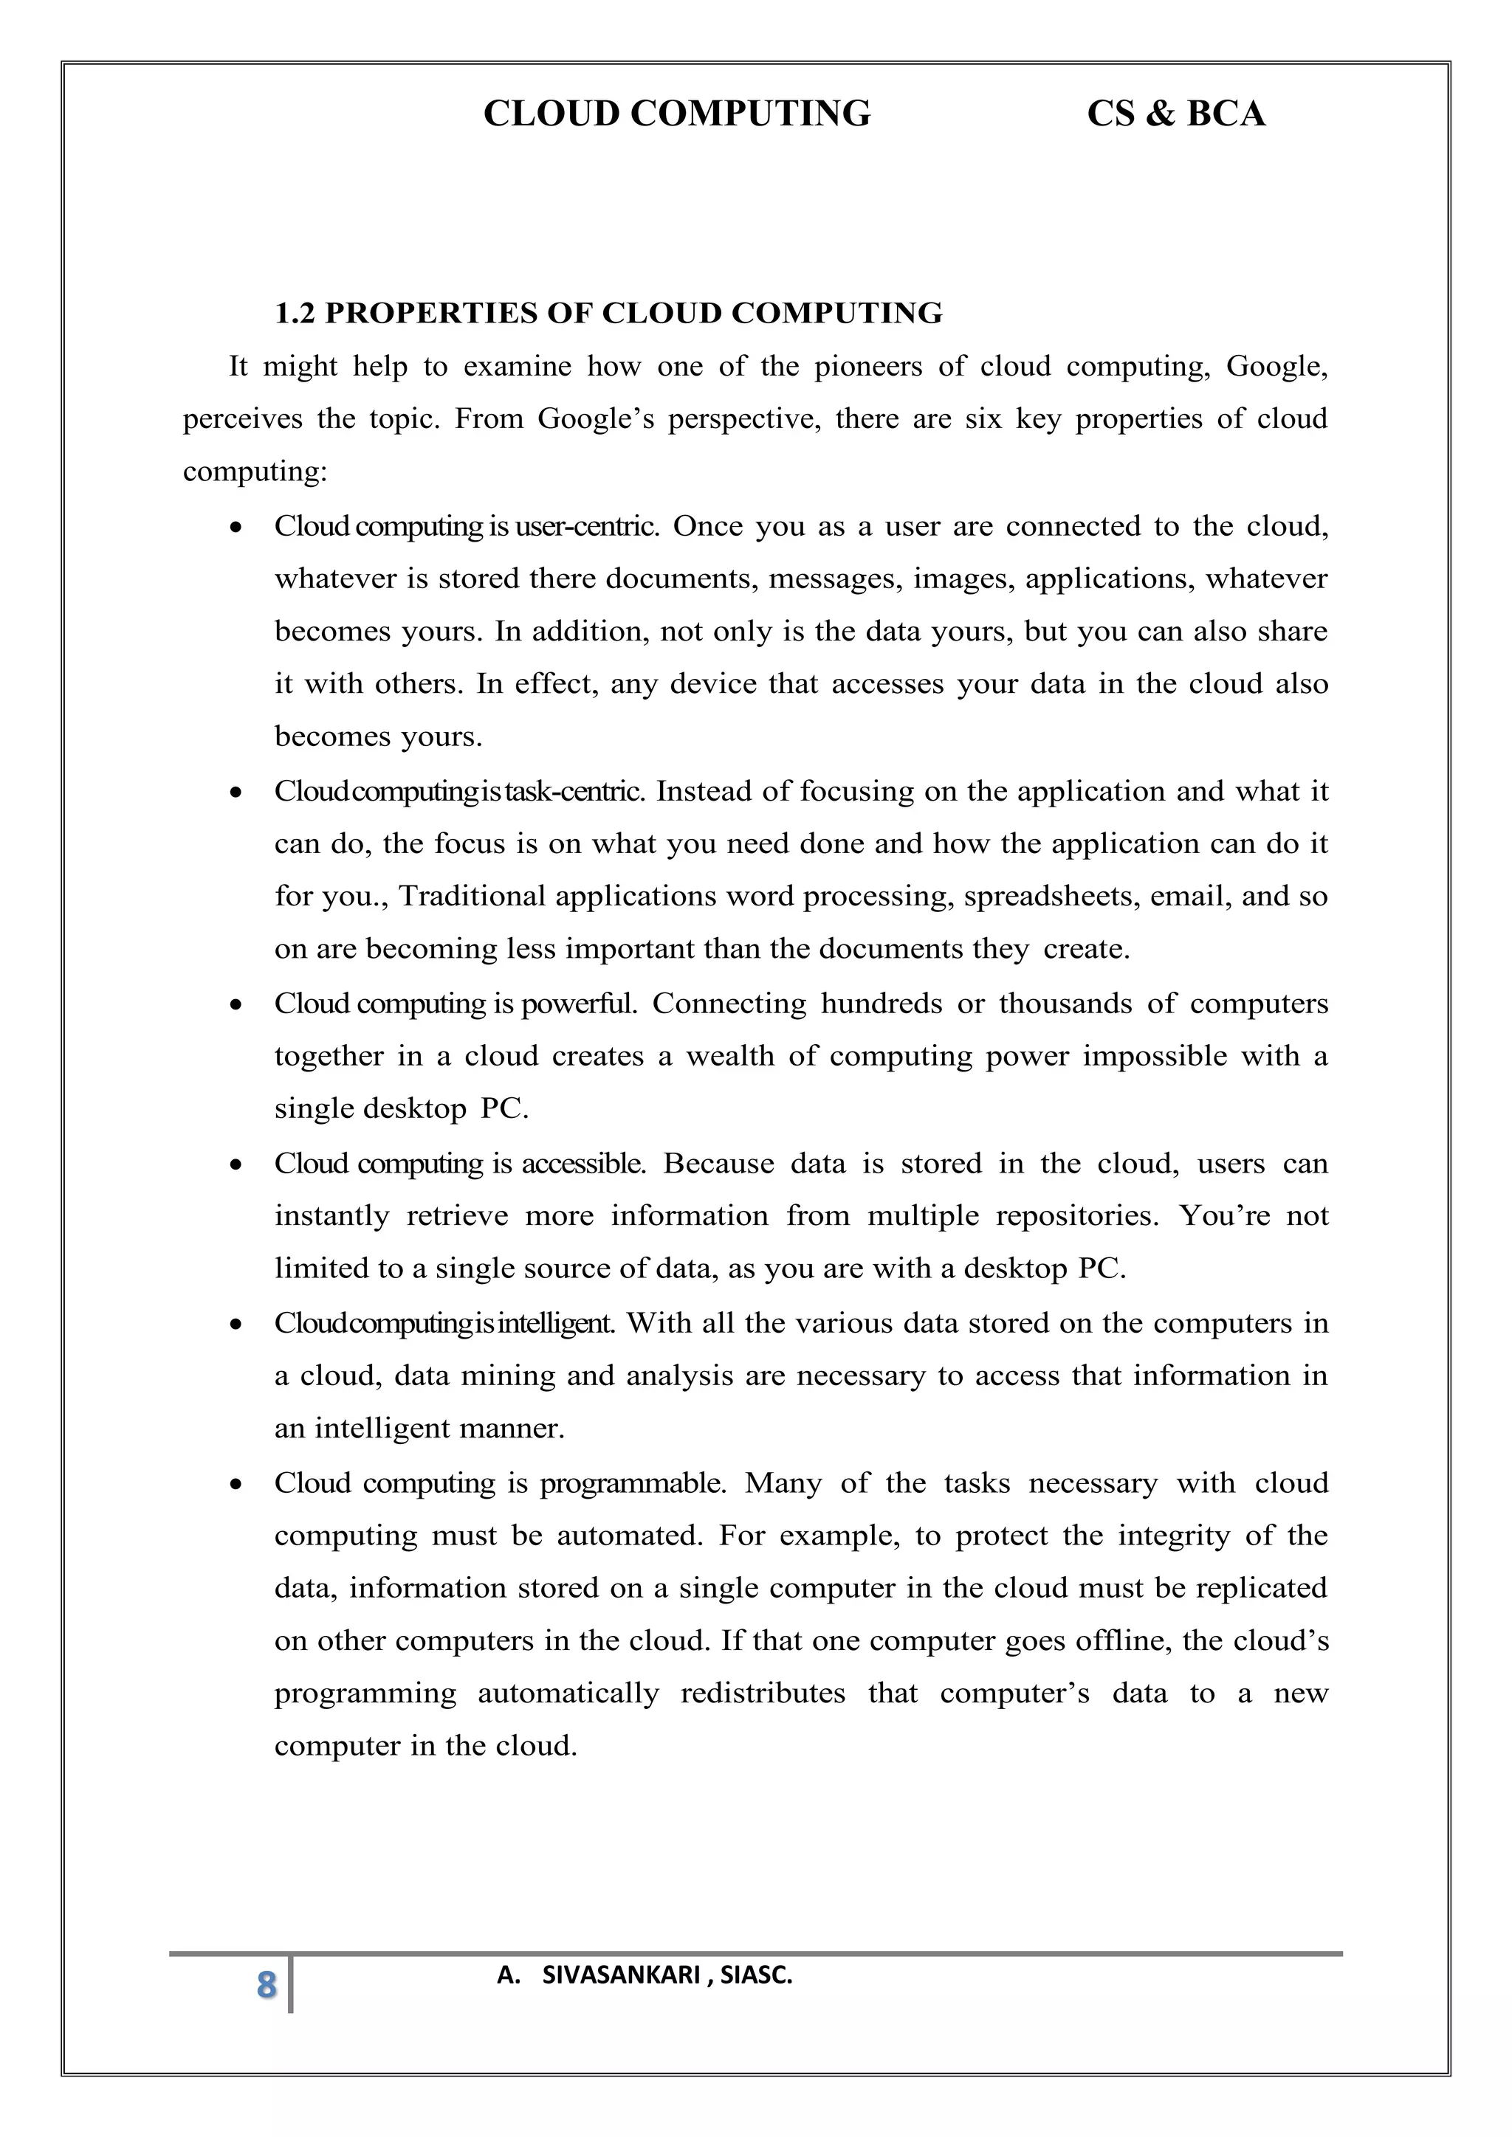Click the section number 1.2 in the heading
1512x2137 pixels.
tap(295, 314)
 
